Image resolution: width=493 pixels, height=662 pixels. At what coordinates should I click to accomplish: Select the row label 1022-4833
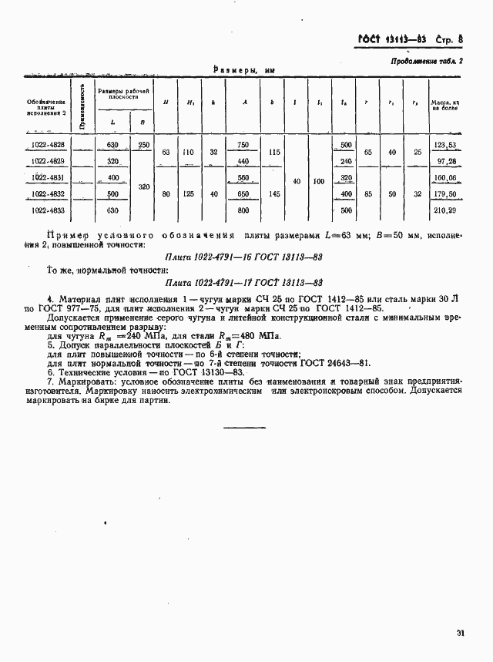(48, 210)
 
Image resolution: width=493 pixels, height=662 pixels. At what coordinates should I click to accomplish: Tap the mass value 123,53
(445, 145)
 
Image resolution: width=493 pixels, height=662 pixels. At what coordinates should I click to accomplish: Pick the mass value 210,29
(445, 210)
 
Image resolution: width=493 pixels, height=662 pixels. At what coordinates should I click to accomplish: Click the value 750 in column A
(243, 145)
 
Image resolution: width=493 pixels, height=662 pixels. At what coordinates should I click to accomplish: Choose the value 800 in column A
(243, 210)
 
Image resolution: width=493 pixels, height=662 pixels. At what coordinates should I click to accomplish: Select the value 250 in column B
(143, 145)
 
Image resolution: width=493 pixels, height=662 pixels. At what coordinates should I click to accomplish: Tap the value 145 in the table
(273, 193)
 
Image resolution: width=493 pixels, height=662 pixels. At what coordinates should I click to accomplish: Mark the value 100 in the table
(319, 181)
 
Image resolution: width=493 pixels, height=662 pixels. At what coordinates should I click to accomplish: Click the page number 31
(460, 633)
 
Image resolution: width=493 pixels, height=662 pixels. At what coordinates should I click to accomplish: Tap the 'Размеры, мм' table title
(243, 70)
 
